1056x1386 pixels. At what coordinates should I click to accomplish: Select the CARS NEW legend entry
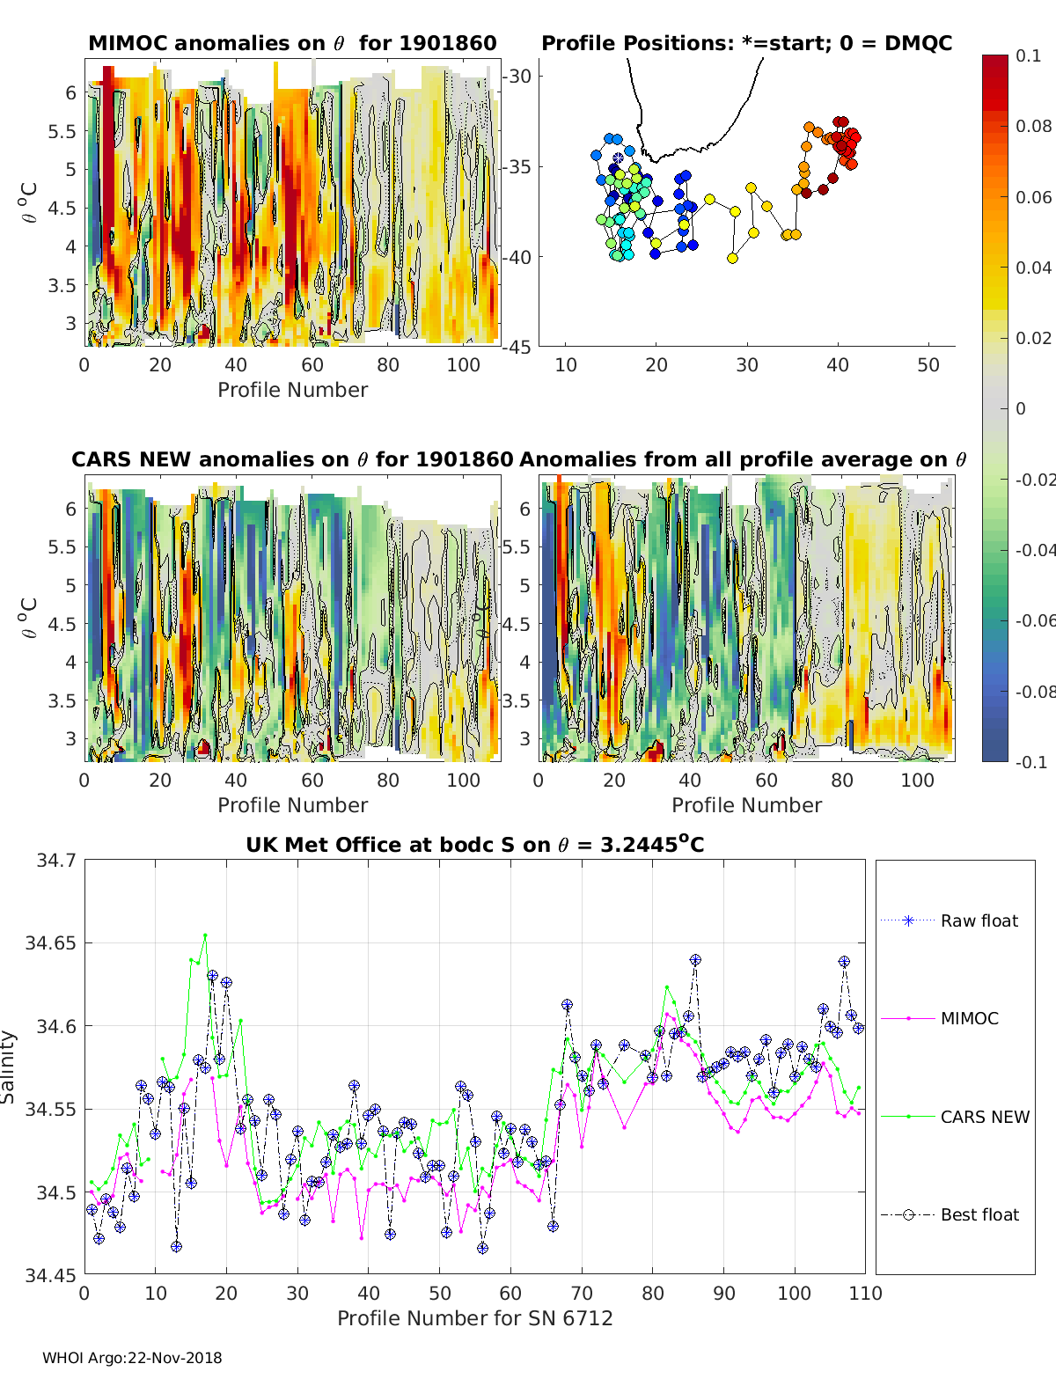[x=955, y=1117]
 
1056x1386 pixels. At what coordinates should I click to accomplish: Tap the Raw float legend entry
[x=950, y=920]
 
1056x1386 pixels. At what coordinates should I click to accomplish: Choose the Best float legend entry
[x=950, y=1214]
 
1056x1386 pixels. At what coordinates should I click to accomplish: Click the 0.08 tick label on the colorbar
[x=1033, y=127]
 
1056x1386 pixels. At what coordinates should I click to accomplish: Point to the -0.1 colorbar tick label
[x=1031, y=762]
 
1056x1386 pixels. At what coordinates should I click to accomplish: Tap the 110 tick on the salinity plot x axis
[x=865, y=1294]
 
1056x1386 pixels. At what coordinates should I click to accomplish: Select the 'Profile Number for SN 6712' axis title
[x=474, y=1318]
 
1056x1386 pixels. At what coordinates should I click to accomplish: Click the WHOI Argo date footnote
[x=132, y=1358]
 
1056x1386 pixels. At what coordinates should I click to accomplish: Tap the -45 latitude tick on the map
[x=517, y=347]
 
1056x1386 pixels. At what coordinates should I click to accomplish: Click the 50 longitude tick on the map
[x=928, y=365]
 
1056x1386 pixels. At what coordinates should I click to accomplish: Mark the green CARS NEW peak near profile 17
[x=205, y=935]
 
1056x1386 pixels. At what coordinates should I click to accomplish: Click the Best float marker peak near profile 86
[x=695, y=960]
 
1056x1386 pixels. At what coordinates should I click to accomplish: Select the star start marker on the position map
[x=618, y=158]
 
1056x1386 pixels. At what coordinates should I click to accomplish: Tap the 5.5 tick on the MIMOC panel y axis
[x=62, y=131]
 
